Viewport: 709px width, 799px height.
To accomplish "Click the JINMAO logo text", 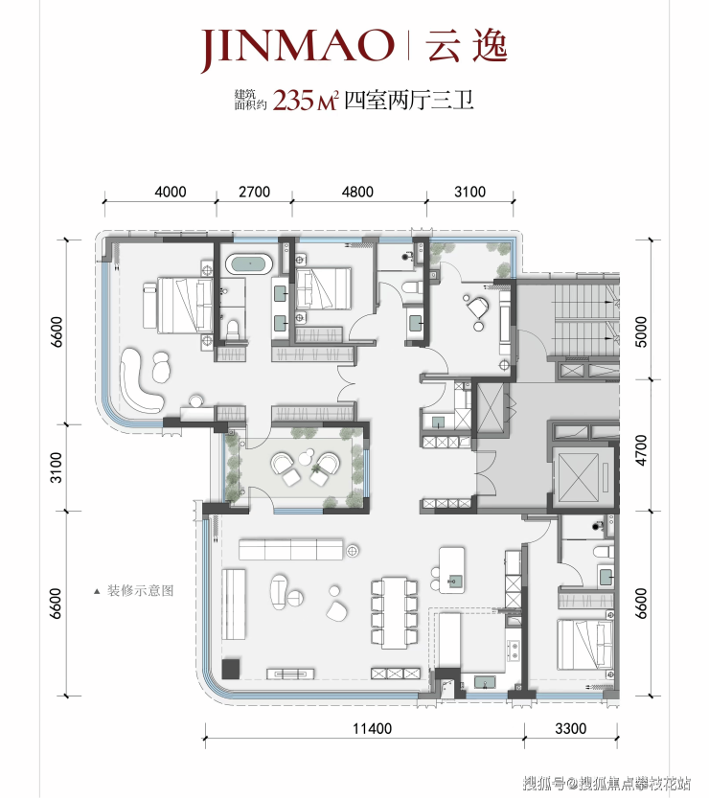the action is pyautogui.click(x=298, y=48).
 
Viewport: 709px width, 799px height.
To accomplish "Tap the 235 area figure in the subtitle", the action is pyautogui.click(x=293, y=101).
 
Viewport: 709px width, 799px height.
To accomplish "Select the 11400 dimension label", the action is pyautogui.click(x=372, y=729).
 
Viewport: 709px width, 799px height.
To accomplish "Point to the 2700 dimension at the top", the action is pyautogui.click(x=254, y=193).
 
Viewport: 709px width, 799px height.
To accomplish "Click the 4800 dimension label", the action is pyautogui.click(x=357, y=193).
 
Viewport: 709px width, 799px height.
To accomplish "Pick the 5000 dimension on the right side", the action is pyautogui.click(x=641, y=331).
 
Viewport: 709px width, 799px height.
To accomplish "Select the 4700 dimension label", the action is pyautogui.click(x=641, y=450).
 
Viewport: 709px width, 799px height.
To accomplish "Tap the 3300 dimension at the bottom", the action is pyautogui.click(x=570, y=729).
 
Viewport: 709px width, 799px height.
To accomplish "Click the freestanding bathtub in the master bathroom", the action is pyautogui.click(x=249, y=264).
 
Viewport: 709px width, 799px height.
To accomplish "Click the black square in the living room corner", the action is pyautogui.click(x=230, y=669).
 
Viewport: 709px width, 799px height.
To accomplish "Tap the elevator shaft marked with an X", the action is pyautogui.click(x=578, y=478).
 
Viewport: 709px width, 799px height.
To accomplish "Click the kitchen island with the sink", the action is pyautogui.click(x=452, y=570).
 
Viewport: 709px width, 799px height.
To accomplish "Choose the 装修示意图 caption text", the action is pyautogui.click(x=140, y=591).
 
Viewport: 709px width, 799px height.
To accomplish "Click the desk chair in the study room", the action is pyautogui.click(x=477, y=307).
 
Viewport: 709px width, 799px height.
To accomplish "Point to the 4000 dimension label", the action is pyautogui.click(x=171, y=193).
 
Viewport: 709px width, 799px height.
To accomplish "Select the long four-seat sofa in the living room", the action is pyautogui.click(x=291, y=549).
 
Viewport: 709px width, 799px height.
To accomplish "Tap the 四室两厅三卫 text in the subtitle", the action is pyautogui.click(x=409, y=101).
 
